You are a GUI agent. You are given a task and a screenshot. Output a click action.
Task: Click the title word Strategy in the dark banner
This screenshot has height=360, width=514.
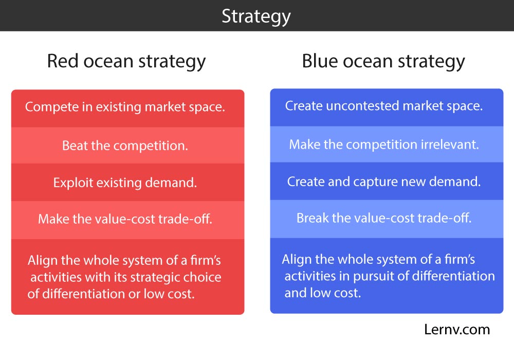click(256, 17)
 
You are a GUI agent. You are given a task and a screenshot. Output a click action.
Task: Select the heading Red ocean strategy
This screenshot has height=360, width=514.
click(126, 62)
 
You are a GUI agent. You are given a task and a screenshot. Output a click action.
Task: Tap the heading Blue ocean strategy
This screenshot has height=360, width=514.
click(383, 62)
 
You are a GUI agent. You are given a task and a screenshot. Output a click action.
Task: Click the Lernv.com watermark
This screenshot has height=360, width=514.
click(457, 330)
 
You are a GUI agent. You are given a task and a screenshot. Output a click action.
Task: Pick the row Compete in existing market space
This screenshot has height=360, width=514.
click(128, 109)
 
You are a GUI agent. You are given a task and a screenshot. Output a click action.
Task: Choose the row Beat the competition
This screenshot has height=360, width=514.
click(128, 145)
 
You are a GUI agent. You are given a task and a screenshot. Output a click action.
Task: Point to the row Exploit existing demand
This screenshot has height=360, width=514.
click(128, 182)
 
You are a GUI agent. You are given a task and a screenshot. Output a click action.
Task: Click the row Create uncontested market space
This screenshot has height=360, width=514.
click(387, 107)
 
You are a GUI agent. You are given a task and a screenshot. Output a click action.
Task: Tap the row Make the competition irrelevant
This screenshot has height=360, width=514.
click(387, 145)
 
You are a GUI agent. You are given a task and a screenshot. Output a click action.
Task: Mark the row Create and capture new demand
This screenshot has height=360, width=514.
click(387, 181)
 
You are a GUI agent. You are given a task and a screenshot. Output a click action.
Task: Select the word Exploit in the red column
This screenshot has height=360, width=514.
click(73, 183)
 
